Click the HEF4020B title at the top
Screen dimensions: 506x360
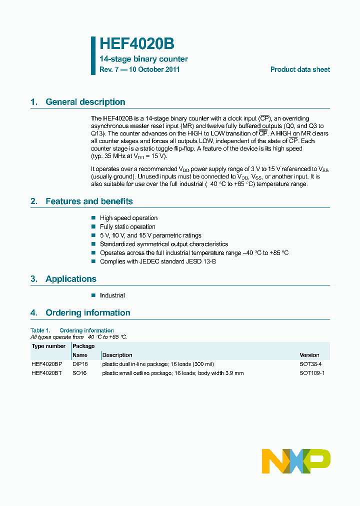pos(136,44)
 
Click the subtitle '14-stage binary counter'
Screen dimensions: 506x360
pos(143,59)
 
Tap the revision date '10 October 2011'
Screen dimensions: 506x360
pos(154,69)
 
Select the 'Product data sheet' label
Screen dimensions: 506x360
pos(300,69)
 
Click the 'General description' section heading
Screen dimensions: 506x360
pos(85,102)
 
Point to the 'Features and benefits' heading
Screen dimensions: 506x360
pos(89,201)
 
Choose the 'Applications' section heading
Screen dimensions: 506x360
pos(71,279)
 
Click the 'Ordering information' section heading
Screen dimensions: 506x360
pos(88,313)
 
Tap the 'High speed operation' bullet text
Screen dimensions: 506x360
pos(128,218)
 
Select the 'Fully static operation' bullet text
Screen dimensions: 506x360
pos(127,227)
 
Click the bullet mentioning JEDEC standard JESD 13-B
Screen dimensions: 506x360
pos(157,261)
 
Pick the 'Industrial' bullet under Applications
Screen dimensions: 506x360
pos(112,295)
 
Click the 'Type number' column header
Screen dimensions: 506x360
pos(48,346)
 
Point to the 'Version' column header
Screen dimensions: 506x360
pos(309,355)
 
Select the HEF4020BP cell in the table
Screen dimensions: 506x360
pos(46,364)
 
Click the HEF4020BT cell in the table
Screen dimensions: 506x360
pos(46,373)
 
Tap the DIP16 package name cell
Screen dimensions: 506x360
pos(80,364)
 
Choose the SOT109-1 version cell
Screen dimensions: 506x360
pos(312,373)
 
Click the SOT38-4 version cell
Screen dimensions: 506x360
pos(310,364)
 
